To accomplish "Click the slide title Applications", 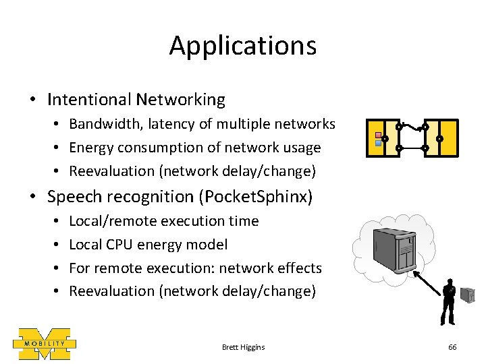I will coord(242,46).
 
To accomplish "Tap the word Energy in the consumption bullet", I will coord(91,148).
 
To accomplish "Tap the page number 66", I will coord(452,347).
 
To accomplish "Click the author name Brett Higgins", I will coord(243,347).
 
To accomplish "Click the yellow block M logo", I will coord(45,344).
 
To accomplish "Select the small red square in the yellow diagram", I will coord(379,135).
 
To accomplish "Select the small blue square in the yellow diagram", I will coord(379,143).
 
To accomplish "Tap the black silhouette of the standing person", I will coord(448,302).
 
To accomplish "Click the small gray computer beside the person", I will coord(468,295).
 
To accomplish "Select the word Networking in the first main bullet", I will coord(180,100).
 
